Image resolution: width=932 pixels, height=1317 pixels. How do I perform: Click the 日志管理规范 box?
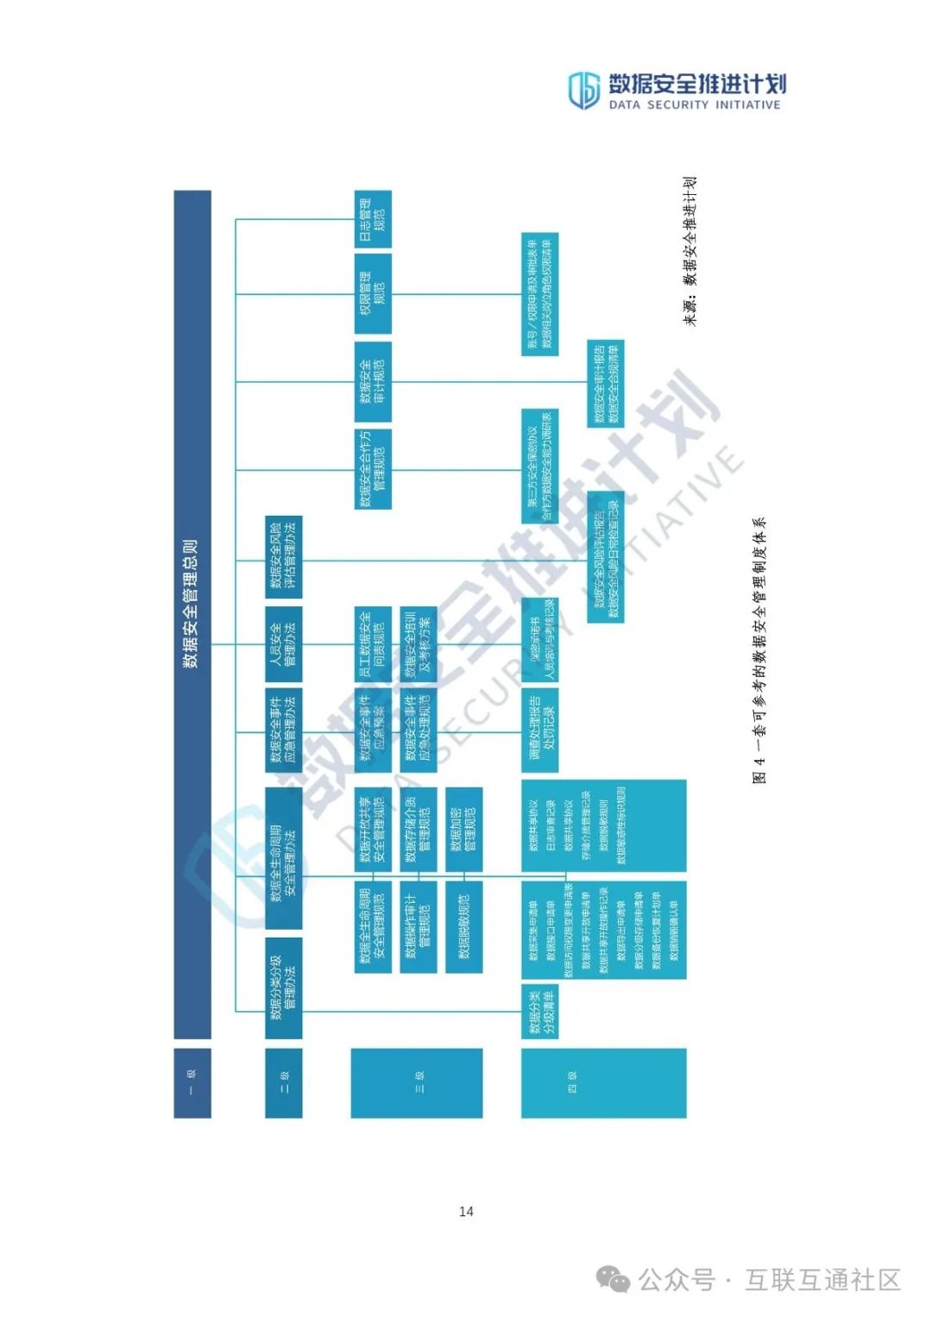click(373, 220)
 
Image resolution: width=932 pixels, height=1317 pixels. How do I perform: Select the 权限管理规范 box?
click(373, 293)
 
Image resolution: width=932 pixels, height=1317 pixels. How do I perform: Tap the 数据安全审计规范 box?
click(373, 381)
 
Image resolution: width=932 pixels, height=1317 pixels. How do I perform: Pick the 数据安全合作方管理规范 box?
click(373, 468)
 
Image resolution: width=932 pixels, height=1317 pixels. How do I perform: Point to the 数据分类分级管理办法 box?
click(283, 987)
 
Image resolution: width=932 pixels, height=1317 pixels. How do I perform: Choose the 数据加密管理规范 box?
click(463, 829)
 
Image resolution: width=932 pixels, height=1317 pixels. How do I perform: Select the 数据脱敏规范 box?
click(463, 926)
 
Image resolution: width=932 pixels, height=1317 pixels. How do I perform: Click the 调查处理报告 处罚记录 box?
click(540, 730)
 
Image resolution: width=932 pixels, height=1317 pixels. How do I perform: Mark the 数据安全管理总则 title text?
click(192, 604)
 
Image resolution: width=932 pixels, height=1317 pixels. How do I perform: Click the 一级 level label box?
click(192, 1082)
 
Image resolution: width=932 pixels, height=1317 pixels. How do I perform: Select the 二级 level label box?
click(283, 1082)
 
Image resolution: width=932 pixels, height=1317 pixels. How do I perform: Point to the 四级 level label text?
click(571, 1082)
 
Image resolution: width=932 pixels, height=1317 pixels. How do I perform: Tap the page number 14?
click(466, 1211)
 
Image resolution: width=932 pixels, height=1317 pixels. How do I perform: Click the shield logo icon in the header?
click(583, 90)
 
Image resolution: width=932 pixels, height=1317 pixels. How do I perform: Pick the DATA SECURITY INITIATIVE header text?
click(695, 105)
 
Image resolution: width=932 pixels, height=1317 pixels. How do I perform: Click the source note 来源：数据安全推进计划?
click(690, 251)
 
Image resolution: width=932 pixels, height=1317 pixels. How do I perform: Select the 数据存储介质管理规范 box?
click(418, 829)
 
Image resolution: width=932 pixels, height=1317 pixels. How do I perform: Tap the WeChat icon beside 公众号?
click(614, 1279)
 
